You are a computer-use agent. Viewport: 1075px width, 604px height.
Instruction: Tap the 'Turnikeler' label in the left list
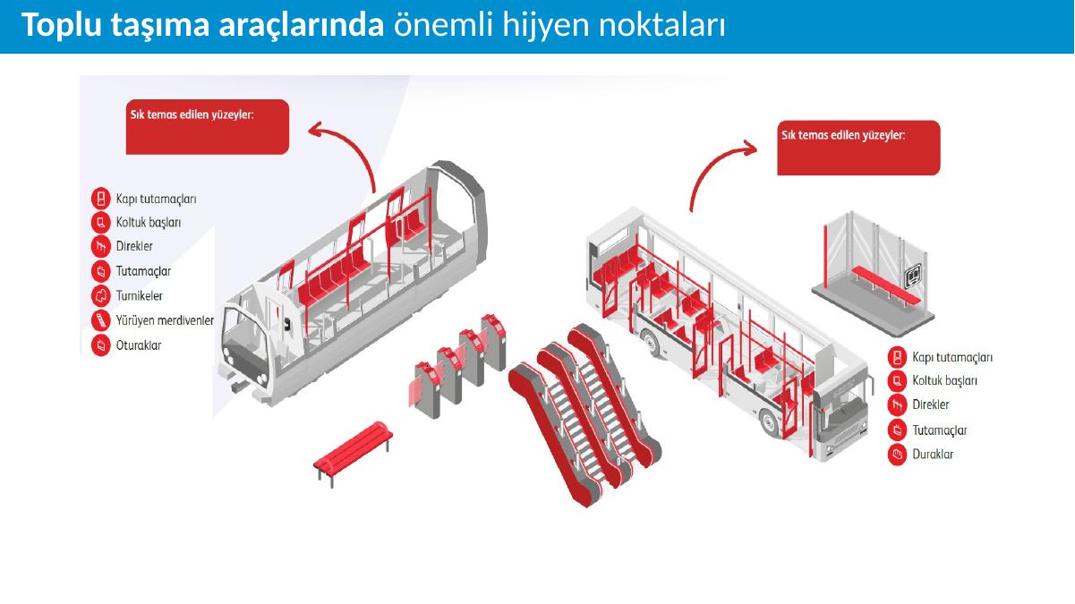tap(139, 295)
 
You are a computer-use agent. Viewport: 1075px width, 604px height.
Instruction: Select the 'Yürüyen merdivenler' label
tap(165, 320)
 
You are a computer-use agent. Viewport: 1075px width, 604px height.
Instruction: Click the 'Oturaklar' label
tap(139, 345)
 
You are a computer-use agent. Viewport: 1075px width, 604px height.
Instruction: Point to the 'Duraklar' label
tap(933, 455)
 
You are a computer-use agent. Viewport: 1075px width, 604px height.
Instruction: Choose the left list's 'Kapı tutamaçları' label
tap(156, 199)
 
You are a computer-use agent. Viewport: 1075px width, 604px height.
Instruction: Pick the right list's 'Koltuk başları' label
tap(944, 381)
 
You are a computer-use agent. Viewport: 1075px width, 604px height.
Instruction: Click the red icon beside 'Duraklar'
tap(897, 455)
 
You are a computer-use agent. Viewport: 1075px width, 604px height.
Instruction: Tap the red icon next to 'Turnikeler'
tap(101, 295)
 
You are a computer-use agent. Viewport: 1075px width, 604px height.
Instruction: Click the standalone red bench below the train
tap(354, 453)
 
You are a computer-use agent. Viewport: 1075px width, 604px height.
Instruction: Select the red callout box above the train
tap(208, 127)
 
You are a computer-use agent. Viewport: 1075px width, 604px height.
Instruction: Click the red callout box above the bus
tap(858, 148)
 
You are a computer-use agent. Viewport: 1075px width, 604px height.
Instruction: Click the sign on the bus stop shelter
tap(913, 276)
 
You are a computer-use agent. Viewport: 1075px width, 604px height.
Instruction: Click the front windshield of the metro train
tap(243, 331)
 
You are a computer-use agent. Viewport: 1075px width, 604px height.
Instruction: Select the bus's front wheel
tap(770, 423)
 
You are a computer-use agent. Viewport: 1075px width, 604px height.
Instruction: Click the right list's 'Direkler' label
tap(931, 405)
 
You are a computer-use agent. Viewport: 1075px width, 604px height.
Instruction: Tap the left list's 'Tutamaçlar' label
tap(143, 271)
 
